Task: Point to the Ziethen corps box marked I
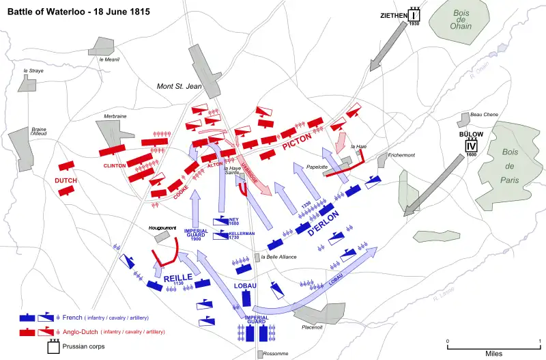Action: tap(414, 16)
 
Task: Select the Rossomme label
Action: tap(278, 353)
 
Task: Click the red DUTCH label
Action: tap(66, 180)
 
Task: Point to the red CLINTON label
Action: tap(115, 165)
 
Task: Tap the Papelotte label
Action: tap(319, 166)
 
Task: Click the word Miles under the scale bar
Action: tap(493, 353)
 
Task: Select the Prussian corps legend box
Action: tap(55, 346)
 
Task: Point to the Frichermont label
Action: tap(401, 155)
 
